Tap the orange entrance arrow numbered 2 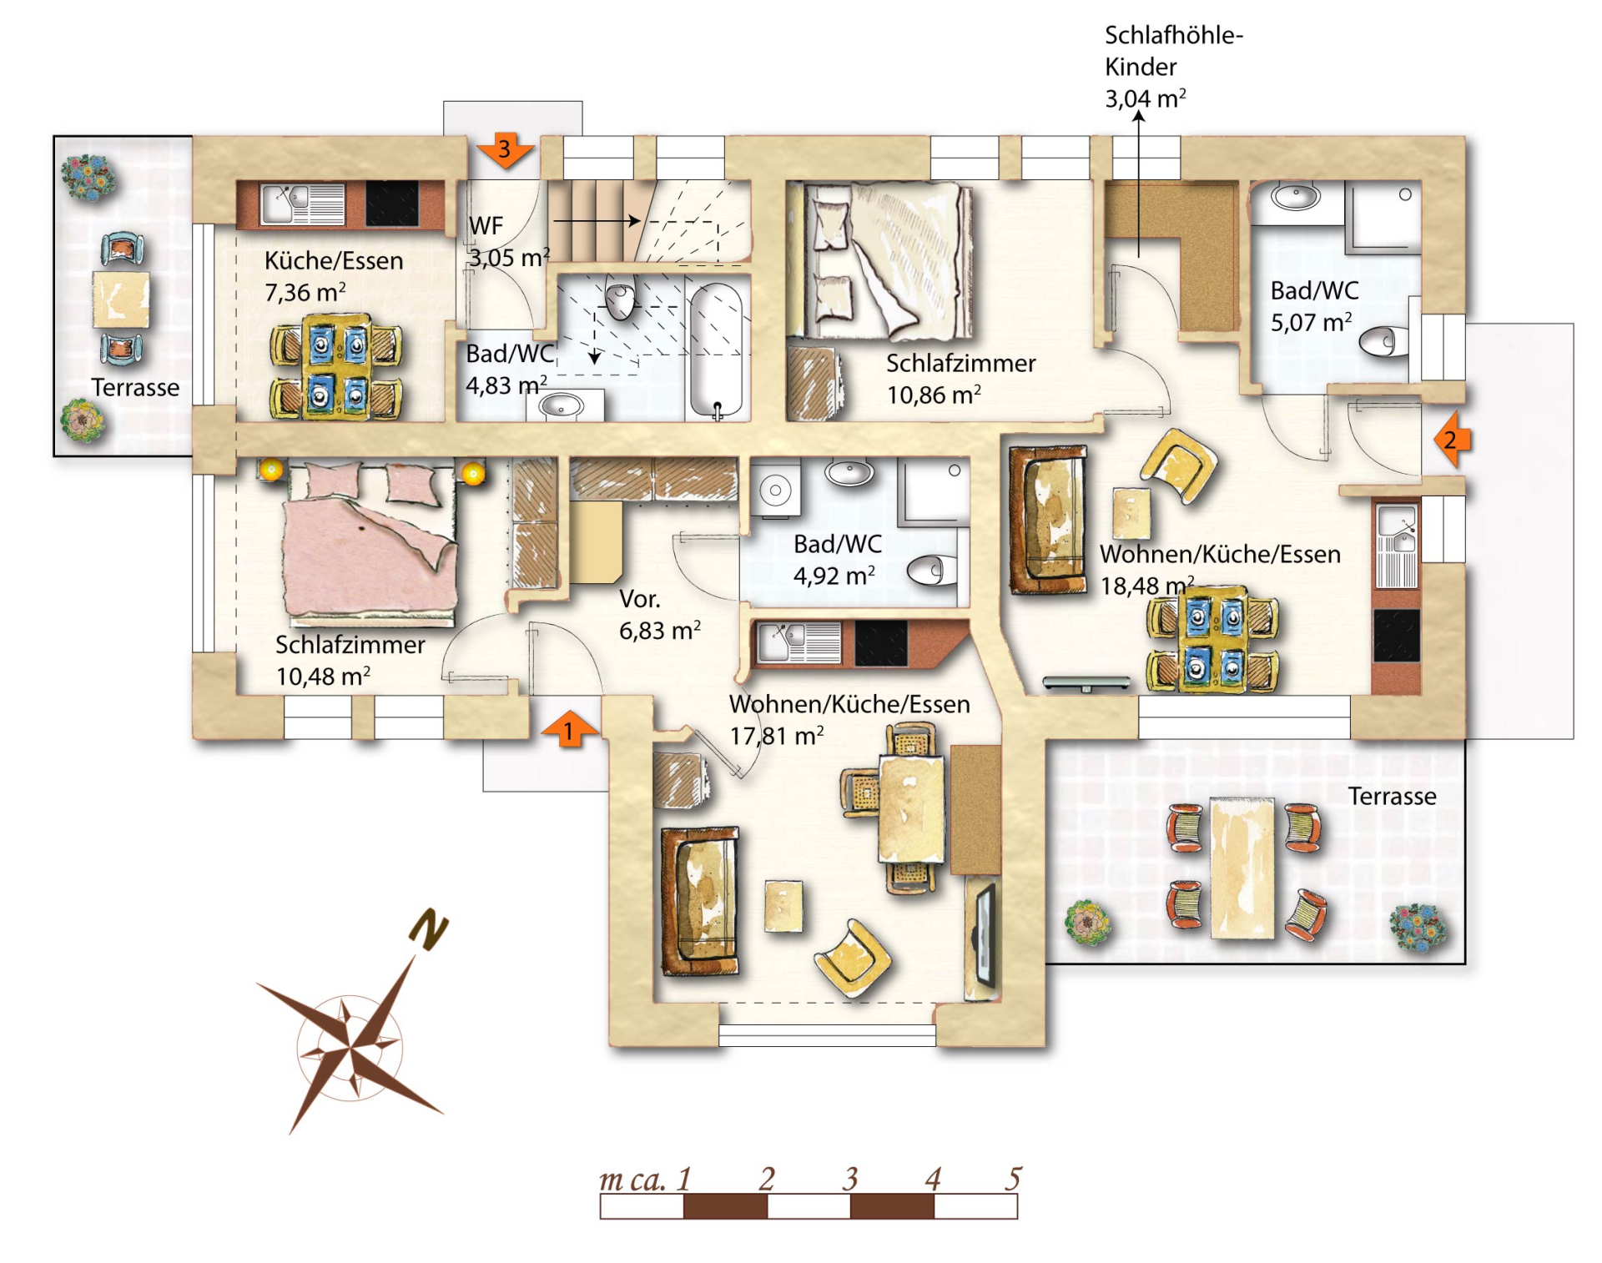coord(1452,439)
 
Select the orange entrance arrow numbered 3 coord(505,150)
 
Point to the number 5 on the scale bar coord(1013,1178)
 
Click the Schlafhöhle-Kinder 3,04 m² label coord(1173,67)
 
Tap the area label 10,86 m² coord(933,395)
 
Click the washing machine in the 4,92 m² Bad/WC coord(776,490)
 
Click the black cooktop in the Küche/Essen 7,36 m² coord(392,204)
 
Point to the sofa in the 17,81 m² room coord(699,901)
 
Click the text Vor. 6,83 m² coord(659,615)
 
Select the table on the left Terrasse coord(121,299)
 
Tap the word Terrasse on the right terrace coord(1392,796)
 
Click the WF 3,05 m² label coord(508,242)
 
